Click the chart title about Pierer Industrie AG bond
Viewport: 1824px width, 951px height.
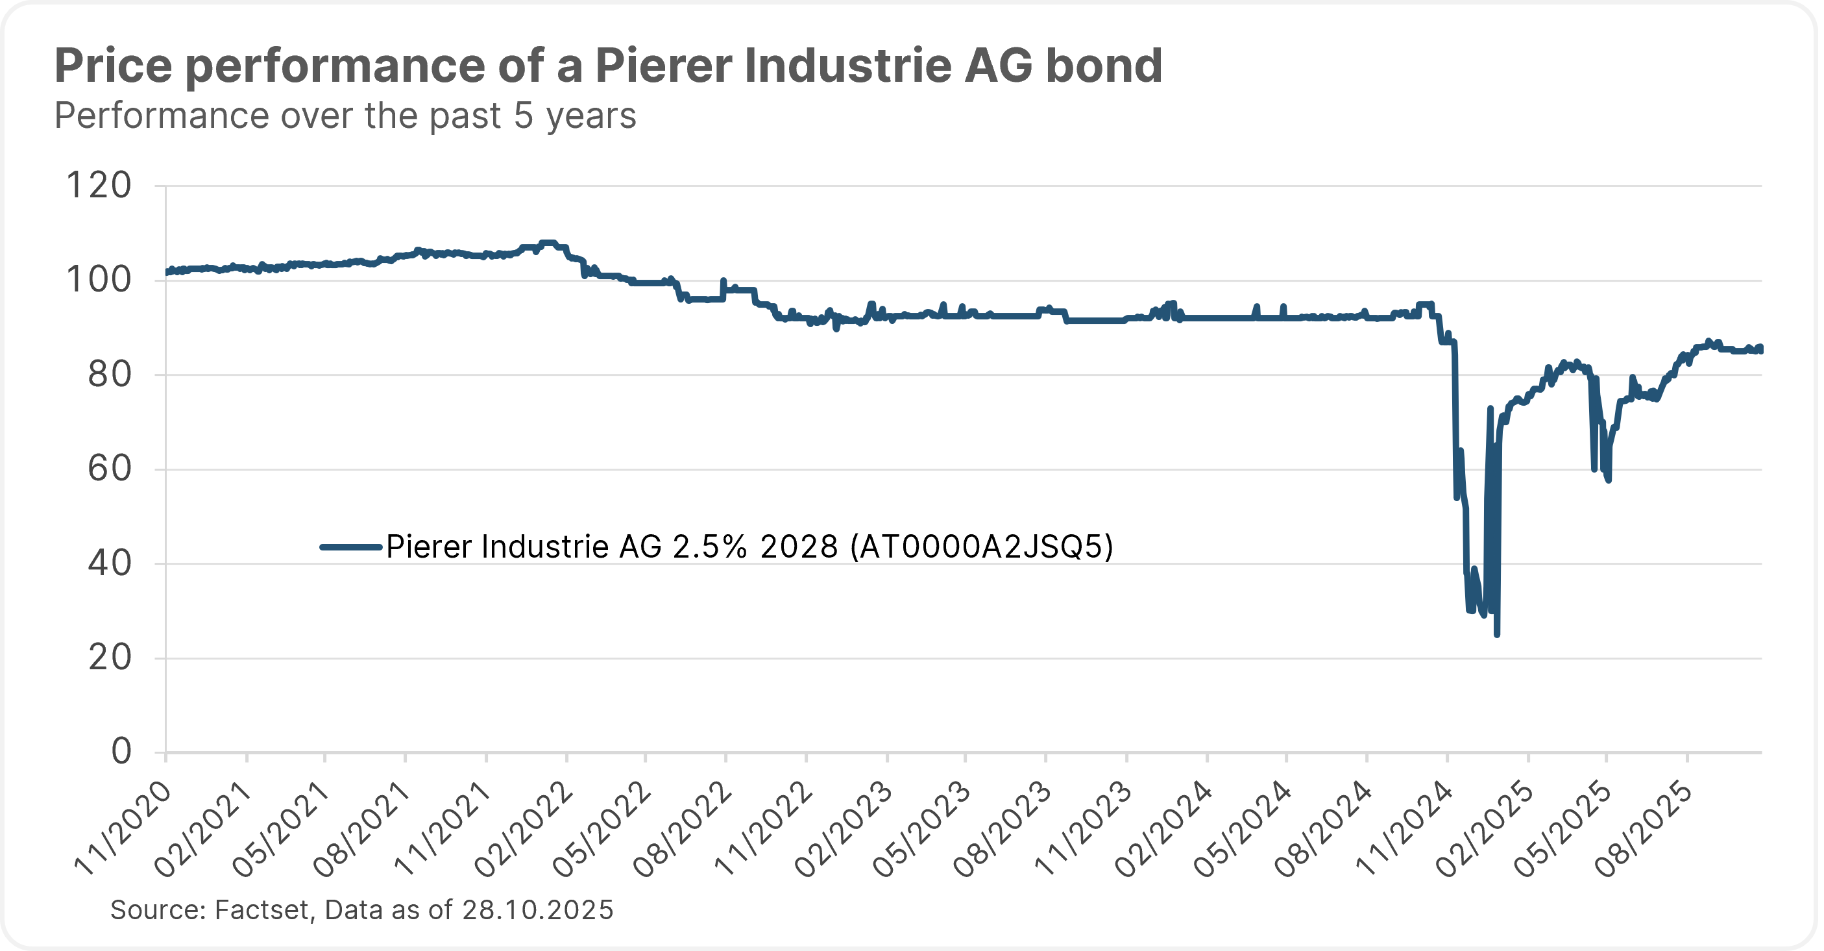607,66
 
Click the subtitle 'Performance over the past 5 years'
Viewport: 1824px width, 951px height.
345,116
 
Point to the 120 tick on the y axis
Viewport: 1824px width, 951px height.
99,186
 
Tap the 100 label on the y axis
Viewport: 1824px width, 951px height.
99,280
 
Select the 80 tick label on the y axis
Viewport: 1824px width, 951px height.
109,375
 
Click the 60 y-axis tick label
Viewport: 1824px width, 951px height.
109,469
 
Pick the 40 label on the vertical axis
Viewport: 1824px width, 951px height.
109,563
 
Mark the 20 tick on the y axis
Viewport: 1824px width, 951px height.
109,658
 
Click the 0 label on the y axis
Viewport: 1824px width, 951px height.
121,751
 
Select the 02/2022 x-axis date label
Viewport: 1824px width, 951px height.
525,828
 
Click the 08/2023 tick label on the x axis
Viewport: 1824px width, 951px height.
1003,828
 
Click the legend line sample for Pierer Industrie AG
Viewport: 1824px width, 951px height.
351,547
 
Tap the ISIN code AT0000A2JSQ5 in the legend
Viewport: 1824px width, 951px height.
981,547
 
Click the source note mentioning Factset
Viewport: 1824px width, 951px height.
361,909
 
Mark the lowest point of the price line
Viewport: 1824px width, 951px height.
1496,634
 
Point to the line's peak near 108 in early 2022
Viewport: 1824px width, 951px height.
548,243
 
